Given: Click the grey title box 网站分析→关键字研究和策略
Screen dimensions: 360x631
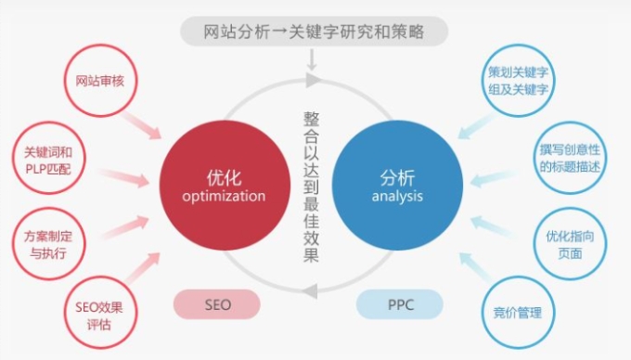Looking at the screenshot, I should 315,32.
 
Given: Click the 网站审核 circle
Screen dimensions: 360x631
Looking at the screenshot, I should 99,80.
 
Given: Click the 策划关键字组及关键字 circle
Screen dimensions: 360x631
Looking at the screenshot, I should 519,80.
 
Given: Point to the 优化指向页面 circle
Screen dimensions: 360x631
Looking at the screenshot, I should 570,244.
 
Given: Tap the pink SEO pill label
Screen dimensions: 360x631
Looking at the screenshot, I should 217,304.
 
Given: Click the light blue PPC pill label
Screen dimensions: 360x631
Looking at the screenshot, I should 400,304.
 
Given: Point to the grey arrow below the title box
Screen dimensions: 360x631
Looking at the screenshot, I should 314,60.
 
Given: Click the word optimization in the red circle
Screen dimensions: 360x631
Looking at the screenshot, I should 225,197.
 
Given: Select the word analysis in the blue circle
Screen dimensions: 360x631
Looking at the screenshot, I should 397,197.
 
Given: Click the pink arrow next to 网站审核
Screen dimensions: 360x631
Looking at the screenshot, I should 144,123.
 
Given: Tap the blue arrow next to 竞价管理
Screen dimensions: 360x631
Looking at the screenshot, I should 478,268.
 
